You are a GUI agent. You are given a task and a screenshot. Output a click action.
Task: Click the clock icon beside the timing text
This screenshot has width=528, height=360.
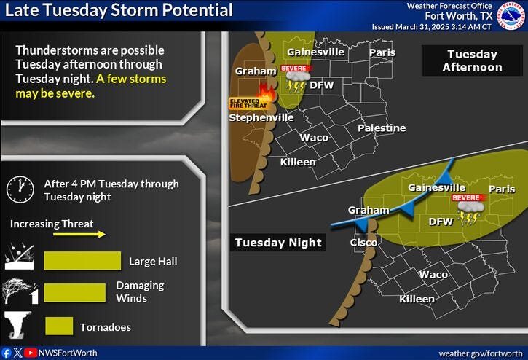pos(20,189)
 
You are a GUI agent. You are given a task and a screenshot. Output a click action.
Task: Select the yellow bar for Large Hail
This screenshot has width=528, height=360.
pos(82,261)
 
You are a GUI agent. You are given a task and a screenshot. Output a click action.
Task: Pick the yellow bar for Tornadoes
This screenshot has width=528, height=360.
pos(59,326)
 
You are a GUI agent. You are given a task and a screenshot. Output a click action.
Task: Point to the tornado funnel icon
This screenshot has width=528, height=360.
pos(17,326)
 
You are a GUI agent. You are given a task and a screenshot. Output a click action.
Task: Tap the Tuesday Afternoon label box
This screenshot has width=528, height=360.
pos(473,60)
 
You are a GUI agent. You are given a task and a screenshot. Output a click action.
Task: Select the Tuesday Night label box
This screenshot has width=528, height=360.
pos(278,243)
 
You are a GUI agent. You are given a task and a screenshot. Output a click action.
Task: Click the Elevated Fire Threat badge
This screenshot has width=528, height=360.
pos(244,103)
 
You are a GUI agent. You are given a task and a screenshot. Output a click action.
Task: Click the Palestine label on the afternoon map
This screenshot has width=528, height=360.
pos(381,128)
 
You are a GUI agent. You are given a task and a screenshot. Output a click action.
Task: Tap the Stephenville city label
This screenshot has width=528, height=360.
pos(261,117)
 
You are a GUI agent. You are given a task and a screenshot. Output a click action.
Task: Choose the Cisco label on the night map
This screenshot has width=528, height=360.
pos(364,242)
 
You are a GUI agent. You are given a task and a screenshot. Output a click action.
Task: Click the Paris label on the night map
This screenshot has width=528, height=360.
pos(501,189)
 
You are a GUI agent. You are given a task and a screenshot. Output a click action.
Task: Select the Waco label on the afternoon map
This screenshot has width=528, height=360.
pos(314,137)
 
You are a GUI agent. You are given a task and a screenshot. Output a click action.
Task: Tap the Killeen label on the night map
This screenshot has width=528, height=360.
pos(417,299)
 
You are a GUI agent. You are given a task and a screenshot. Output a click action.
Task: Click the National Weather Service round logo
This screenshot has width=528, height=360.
pos(510,16)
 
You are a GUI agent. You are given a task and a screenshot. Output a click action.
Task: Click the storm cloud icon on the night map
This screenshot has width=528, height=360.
pos(468,214)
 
